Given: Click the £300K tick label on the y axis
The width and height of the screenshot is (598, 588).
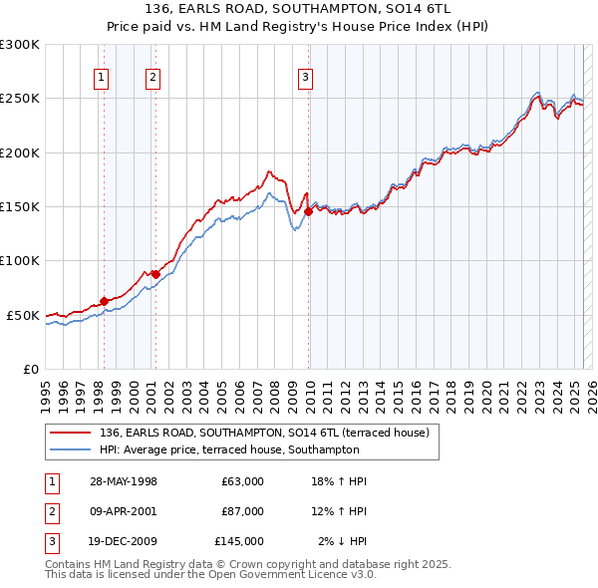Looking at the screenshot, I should click(20, 45).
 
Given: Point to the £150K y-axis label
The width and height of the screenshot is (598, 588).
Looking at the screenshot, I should click(20, 206).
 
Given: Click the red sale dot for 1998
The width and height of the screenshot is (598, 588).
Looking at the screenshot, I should click(104, 301).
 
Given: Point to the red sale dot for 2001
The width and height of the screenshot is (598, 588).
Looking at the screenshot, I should click(155, 275).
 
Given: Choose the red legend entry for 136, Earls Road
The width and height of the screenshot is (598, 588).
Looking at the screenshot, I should click(263, 433).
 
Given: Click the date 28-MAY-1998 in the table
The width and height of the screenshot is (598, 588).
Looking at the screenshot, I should click(123, 481).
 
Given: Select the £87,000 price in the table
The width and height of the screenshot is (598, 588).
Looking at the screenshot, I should click(242, 511).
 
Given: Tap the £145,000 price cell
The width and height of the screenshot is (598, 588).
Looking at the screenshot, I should click(239, 541).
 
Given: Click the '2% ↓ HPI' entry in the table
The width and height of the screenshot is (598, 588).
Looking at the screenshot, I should click(342, 541).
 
